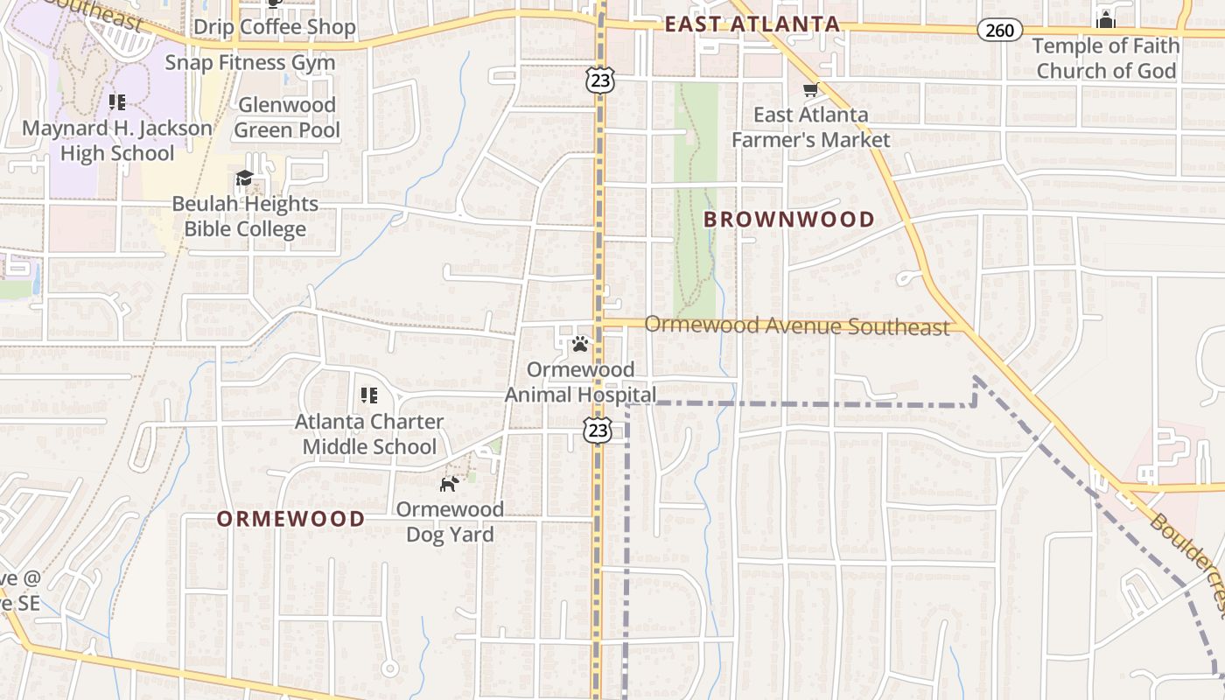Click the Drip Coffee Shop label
point(274,27)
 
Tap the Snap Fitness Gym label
point(250,63)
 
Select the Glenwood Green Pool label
point(287,117)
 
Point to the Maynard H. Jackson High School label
point(116,140)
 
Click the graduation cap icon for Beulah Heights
point(244,179)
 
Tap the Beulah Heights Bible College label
point(245,216)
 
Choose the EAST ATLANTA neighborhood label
point(752,24)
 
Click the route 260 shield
point(999,31)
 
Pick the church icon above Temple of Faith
point(1106,21)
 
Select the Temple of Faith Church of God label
point(1106,58)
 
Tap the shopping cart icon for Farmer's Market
point(811,90)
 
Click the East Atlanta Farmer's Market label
point(810,127)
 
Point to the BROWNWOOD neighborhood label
point(789,220)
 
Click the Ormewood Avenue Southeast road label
point(796,326)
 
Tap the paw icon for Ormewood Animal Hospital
point(579,345)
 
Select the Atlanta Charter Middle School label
point(368,434)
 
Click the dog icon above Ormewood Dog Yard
point(449,484)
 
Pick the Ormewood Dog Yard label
point(450,521)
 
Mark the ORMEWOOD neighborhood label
point(290,519)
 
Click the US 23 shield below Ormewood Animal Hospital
point(598,430)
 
